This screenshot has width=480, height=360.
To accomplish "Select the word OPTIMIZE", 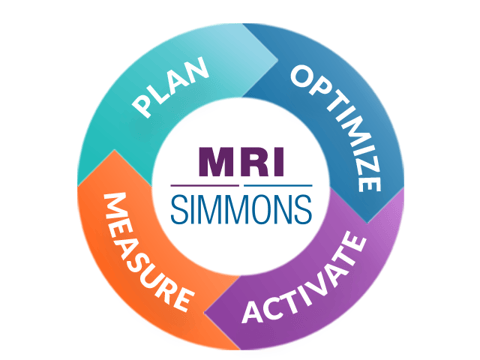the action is coord(337,125).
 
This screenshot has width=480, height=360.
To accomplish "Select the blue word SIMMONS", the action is coord(240,208).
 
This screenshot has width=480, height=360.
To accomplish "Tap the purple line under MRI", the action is coord(205,186).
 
